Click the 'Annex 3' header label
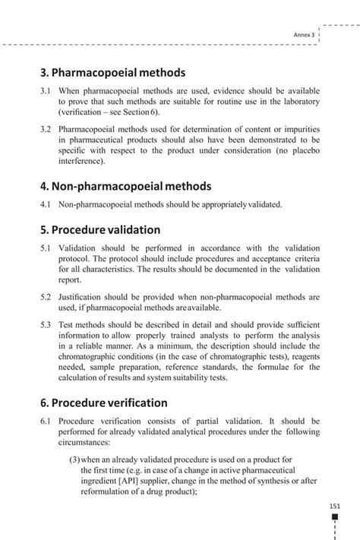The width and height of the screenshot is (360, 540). (x=304, y=35)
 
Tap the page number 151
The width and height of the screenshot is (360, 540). (x=335, y=507)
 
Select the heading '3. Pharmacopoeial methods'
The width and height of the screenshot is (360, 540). (x=112, y=73)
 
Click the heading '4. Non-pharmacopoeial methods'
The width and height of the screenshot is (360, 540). (x=125, y=186)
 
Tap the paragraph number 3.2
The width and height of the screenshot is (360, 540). (x=46, y=129)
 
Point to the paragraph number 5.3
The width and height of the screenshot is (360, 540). (x=46, y=325)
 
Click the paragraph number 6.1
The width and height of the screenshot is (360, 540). (x=46, y=420)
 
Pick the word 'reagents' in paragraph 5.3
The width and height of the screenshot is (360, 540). (x=299, y=357)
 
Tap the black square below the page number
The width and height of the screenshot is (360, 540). (x=335, y=517)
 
